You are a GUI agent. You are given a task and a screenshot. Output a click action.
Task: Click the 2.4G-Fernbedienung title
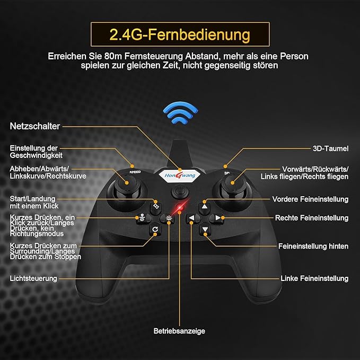(x=179, y=35)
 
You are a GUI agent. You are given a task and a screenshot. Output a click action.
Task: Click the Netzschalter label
(x=35, y=126)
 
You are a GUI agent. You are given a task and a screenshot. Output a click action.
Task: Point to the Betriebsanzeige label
(x=179, y=331)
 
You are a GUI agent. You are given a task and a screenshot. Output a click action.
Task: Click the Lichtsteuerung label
(x=33, y=278)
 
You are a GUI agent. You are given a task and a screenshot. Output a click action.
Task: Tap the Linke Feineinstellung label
(x=314, y=278)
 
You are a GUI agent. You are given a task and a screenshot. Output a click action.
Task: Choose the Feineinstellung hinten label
(x=313, y=246)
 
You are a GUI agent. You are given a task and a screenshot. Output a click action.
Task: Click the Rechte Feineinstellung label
(x=312, y=218)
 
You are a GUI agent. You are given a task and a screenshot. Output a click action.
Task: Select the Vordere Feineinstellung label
(x=310, y=199)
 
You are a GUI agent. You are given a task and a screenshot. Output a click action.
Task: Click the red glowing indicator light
(x=181, y=206)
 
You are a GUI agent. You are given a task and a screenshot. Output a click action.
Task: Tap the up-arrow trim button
(x=205, y=207)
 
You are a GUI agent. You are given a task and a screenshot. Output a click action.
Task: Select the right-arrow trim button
(x=216, y=218)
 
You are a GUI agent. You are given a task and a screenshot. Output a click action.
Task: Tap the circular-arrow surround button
(x=169, y=230)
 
